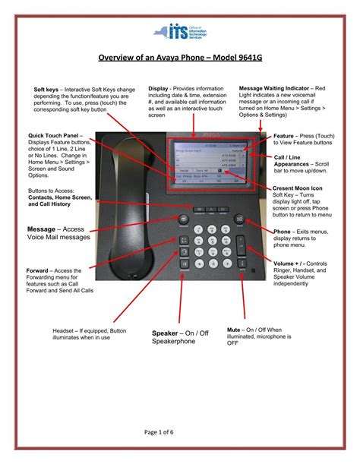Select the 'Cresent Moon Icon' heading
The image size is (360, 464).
(298, 188)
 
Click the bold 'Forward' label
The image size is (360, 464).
(39, 270)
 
